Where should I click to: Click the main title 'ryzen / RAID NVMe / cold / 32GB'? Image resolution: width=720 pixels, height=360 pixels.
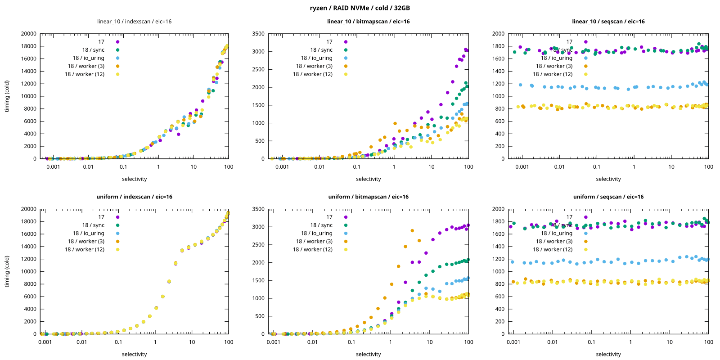[360, 8]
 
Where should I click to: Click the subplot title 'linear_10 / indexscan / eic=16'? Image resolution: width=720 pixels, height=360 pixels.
[134, 21]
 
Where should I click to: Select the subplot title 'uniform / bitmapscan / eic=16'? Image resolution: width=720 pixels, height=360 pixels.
[368, 197]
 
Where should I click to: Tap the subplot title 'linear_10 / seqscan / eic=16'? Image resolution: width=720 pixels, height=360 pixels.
[608, 21]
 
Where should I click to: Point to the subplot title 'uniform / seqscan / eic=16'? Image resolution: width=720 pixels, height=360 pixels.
[608, 197]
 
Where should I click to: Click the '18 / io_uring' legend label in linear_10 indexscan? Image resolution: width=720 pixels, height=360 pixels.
[89, 58]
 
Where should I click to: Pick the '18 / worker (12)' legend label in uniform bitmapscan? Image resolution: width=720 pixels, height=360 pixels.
[312, 249]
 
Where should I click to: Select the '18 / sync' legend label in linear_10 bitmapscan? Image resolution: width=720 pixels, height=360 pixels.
[321, 50]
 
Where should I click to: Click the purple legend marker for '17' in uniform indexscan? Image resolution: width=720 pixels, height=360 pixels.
[117, 217]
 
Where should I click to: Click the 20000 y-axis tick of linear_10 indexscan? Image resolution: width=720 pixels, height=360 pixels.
[29, 34]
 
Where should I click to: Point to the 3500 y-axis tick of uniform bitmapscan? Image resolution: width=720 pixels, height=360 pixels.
[258, 209]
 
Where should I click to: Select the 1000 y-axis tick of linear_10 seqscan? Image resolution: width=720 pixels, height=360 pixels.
[498, 96]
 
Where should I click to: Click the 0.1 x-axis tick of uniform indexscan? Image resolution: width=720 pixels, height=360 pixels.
[118, 342]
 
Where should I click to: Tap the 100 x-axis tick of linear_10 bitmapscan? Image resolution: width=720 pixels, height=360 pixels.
[468, 166]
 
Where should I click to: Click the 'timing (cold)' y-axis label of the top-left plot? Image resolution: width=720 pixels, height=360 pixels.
[7, 96]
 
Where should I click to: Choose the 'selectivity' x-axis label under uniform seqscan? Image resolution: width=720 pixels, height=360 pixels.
[608, 354]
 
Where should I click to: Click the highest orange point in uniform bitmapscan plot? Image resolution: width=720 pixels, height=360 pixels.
[412, 231]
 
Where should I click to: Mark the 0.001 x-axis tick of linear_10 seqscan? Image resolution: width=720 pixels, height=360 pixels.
[522, 166]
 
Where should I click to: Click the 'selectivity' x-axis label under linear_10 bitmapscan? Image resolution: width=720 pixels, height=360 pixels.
[368, 179]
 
